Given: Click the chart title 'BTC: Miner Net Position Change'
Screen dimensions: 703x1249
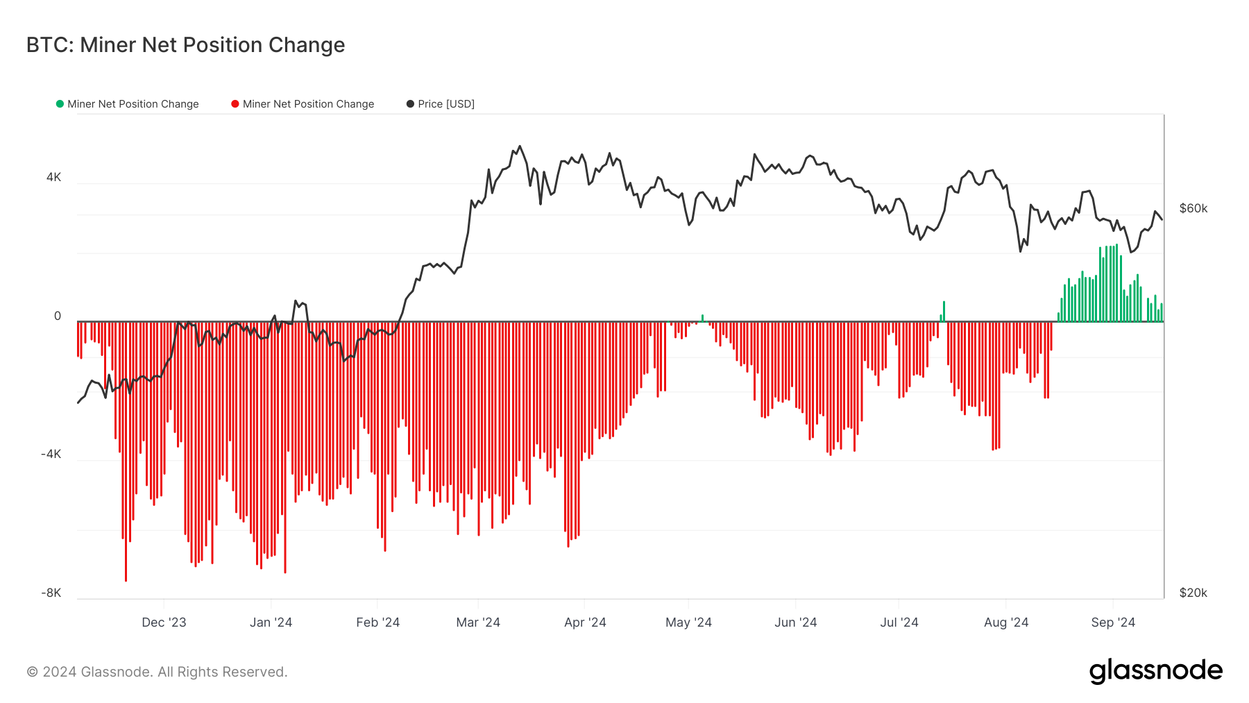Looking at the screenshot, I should [x=185, y=45].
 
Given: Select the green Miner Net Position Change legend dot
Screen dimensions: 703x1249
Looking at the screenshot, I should [x=60, y=104].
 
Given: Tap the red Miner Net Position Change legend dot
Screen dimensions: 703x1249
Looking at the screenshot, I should [x=235, y=104].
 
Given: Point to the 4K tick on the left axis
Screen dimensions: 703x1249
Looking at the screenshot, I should [x=53, y=177].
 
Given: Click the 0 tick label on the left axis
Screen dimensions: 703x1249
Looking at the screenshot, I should [x=58, y=316].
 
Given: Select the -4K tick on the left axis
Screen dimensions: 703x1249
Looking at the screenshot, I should [x=51, y=455].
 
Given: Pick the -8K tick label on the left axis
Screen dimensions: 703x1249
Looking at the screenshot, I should [x=51, y=593].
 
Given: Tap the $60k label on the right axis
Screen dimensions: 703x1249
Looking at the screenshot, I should [x=1193, y=209].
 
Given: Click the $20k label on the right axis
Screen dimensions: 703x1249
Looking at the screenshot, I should [x=1193, y=593].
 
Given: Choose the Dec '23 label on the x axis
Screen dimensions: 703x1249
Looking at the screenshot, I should [x=164, y=622].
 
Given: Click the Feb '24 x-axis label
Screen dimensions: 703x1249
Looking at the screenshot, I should [x=377, y=622].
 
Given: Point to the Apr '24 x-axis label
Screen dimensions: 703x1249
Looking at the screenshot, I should [x=585, y=622].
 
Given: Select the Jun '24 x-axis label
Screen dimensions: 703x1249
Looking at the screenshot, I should [x=795, y=622].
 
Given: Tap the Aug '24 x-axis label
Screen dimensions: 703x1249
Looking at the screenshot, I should [x=1006, y=622].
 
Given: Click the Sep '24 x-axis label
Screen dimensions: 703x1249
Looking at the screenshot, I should [x=1113, y=622].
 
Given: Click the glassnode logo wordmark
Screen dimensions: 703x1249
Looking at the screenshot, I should [x=1155, y=671].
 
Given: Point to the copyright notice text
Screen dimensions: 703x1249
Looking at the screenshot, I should [x=157, y=672].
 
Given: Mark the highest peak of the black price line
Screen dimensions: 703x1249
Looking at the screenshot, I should [x=520, y=146].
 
